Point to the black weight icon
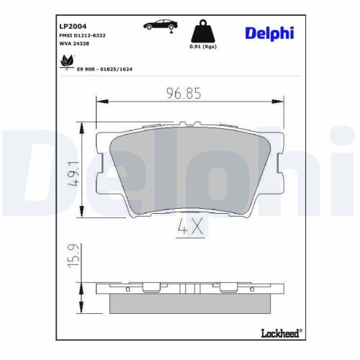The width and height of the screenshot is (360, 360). [202, 32]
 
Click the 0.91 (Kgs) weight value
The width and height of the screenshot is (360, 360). [202, 48]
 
